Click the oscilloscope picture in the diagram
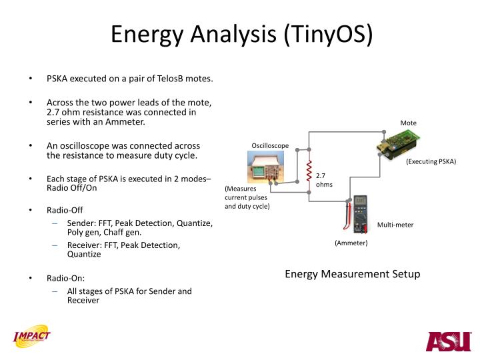click(265, 167)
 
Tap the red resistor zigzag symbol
click(309, 173)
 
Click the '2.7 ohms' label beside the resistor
click(324, 179)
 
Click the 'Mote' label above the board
click(408, 123)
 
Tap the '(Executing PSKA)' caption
click(431, 162)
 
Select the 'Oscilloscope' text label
click(270, 145)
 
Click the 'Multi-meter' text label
click(395, 225)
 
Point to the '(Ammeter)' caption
click(351, 243)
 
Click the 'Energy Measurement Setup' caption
click(353, 274)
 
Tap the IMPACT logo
click(31, 339)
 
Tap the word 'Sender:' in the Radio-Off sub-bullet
click(81, 223)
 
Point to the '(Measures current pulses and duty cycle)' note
click(247, 197)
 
